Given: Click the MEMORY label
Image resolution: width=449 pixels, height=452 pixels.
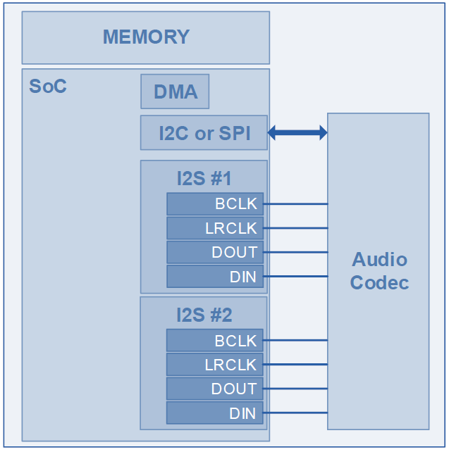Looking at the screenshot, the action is [147, 37].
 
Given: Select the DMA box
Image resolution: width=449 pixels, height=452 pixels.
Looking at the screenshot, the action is [175, 92].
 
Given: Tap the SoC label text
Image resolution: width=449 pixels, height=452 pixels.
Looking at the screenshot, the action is [48, 86].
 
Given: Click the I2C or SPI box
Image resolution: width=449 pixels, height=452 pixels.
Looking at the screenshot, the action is [204, 132].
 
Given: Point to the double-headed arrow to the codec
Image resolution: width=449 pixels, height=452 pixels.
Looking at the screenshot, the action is [297, 132].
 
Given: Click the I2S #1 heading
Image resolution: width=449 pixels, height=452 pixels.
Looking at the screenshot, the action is [204, 178].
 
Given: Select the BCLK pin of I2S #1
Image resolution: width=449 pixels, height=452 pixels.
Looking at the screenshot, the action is [215, 203].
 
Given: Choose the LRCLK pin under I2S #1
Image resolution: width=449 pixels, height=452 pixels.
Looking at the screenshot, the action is [215, 228].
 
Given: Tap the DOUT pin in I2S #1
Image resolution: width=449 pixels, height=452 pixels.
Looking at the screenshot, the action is [215, 252].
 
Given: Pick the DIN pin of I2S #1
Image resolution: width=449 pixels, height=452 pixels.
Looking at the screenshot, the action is [215, 277].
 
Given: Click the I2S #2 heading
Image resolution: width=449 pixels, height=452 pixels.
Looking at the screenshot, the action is [204, 315].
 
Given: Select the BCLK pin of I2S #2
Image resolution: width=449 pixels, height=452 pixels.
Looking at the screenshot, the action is [215, 341].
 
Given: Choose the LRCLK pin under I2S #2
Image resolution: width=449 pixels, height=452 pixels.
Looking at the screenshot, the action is [215, 365].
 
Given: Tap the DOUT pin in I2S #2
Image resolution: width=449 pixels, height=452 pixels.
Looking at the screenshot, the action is [215, 389].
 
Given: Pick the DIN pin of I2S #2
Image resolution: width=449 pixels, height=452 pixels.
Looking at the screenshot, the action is [215, 413].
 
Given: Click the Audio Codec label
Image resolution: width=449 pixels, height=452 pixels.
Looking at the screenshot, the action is [379, 270].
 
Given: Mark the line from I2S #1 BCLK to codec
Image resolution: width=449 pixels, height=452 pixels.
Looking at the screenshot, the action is [295, 203].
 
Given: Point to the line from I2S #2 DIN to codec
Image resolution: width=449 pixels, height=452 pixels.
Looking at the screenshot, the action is [295, 413].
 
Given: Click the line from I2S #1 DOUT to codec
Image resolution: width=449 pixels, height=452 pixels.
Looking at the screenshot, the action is [295, 252].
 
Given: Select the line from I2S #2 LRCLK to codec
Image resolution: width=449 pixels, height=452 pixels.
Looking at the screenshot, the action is [295, 365].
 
